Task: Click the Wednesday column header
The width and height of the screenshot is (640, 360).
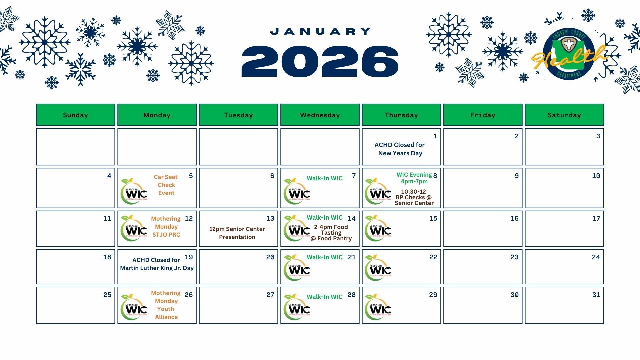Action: tap(320, 115)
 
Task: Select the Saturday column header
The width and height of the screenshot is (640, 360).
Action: tap(564, 115)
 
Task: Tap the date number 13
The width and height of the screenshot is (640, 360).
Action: tap(270, 219)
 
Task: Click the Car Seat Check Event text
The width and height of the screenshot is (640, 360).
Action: tap(166, 185)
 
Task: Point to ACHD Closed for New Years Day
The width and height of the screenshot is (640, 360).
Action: tap(400, 149)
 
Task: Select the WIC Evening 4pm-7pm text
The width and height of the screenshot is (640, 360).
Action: tap(414, 178)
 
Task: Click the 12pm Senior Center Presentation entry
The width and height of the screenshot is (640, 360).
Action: tap(237, 233)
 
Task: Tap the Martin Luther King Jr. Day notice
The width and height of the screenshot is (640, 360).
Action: tap(157, 264)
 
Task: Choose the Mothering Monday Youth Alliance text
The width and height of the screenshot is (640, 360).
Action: tap(166, 305)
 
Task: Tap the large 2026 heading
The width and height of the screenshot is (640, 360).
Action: tap(320, 62)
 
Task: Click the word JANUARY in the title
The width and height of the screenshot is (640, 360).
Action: tap(320, 32)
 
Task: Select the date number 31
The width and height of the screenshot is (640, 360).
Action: tap(596, 295)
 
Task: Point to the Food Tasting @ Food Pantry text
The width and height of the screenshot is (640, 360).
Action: tap(331, 233)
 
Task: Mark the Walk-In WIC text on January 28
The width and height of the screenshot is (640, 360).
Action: tap(324, 297)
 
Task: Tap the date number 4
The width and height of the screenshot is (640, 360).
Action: tap(109, 176)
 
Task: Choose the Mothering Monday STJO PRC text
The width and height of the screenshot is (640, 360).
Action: tap(166, 227)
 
